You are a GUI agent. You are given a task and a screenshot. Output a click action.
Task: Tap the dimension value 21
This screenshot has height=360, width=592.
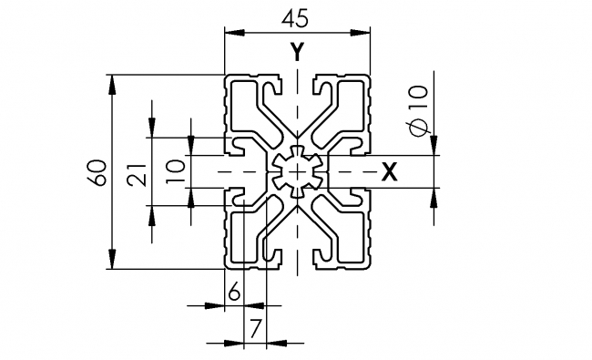[x=137, y=171]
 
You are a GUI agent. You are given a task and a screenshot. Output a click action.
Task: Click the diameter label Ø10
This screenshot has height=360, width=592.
[x=418, y=110]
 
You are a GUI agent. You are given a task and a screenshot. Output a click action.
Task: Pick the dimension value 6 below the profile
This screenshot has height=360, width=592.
[x=234, y=292]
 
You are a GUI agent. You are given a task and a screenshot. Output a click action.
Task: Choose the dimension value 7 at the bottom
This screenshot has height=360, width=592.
[x=255, y=326]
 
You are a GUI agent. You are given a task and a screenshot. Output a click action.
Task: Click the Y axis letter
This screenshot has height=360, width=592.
[x=298, y=52]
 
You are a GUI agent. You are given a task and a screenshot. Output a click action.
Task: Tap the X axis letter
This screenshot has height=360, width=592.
[x=389, y=171]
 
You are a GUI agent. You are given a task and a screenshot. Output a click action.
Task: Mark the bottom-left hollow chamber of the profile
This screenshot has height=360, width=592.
[x=249, y=234]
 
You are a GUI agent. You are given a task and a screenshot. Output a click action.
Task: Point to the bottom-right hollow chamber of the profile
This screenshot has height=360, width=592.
[x=347, y=234]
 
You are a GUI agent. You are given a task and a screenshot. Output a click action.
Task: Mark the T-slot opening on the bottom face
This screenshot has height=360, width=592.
[x=298, y=265]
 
